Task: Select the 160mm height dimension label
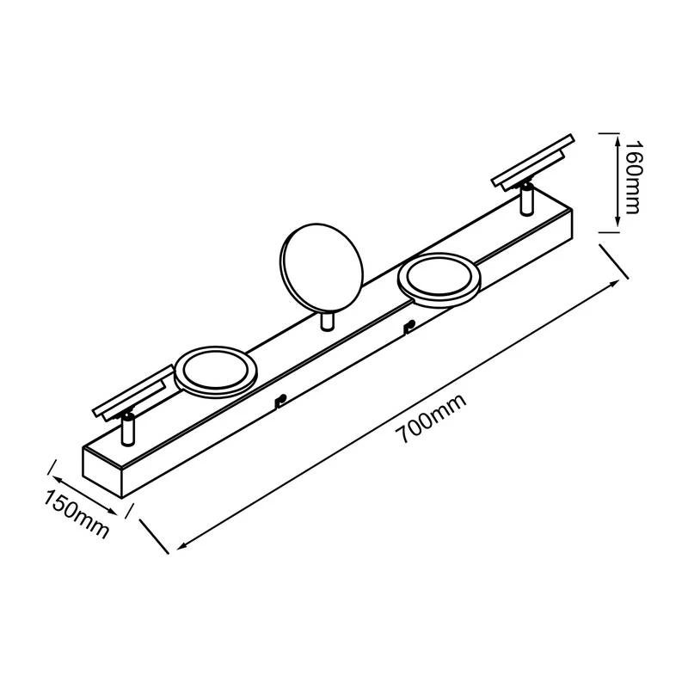tap(634, 180)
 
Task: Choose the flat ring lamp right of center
tap(439, 281)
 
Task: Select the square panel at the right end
tap(534, 159)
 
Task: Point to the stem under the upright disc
tap(326, 322)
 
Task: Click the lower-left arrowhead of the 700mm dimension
tap(181, 546)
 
